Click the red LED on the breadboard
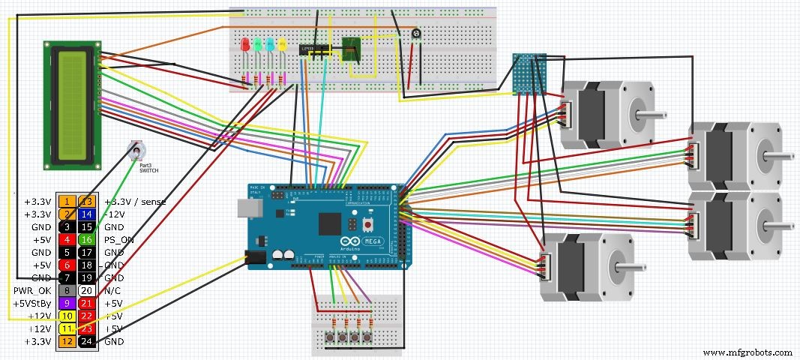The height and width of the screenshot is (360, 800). coord(244,45)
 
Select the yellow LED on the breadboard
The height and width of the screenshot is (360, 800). coord(282,45)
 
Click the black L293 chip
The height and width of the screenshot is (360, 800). coord(316,49)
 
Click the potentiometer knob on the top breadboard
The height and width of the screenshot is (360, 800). coord(415,34)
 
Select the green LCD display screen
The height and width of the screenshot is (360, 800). coord(73,103)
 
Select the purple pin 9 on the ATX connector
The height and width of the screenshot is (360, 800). coord(66,304)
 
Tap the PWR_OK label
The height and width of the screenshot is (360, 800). coord(31,291)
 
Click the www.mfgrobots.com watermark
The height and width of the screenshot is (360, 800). coord(749,352)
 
